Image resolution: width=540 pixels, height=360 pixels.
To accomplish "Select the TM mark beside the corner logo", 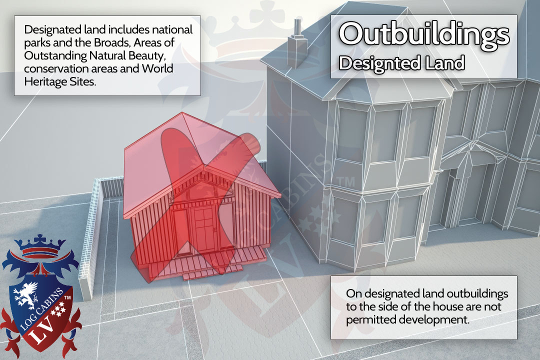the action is click(x=67, y=297).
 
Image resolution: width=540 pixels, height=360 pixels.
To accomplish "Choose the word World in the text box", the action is click(x=157, y=68).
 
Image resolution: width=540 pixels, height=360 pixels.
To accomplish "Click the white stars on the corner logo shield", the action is click(x=58, y=308).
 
